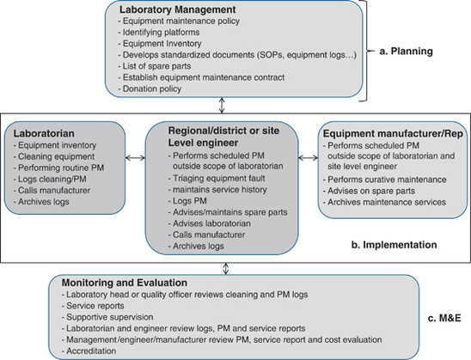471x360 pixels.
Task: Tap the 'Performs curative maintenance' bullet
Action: [386, 179]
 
